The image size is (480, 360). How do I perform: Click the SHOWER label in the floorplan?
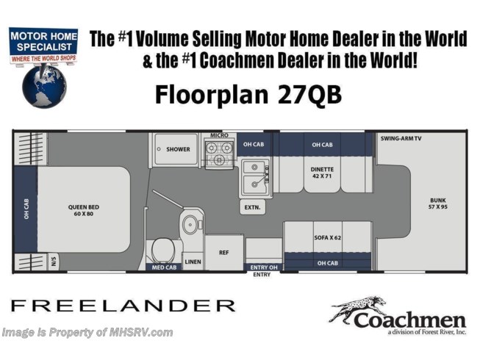(x=178, y=149)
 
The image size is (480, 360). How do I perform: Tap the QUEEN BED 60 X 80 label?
(x=84, y=210)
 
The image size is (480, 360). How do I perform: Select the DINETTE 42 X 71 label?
(x=322, y=173)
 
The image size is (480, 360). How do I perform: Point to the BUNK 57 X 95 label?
(x=438, y=204)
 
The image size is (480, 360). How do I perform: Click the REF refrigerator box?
(x=224, y=252)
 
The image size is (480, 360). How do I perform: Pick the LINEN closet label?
(x=193, y=262)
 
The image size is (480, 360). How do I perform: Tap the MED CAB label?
(x=164, y=267)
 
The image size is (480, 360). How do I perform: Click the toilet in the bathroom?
(x=163, y=250)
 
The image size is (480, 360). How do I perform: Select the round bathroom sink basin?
(x=190, y=225)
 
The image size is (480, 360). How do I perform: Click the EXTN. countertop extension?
(x=252, y=207)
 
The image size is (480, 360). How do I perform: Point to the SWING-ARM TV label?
(x=401, y=139)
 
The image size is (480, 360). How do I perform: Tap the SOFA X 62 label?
(x=327, y=237)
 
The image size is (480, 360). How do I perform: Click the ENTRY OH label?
(x=264, y=267)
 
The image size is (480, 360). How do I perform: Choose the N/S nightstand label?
(x=54, y=262)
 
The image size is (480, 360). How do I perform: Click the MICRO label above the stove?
(x=219, y=135)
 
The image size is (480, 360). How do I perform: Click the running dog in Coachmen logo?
(x=357, y=308)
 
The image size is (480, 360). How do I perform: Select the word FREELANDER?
(x=123, y=305)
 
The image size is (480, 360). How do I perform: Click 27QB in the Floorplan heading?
(x=309, y=95)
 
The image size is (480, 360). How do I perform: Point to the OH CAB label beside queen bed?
(x=26, y=209)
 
